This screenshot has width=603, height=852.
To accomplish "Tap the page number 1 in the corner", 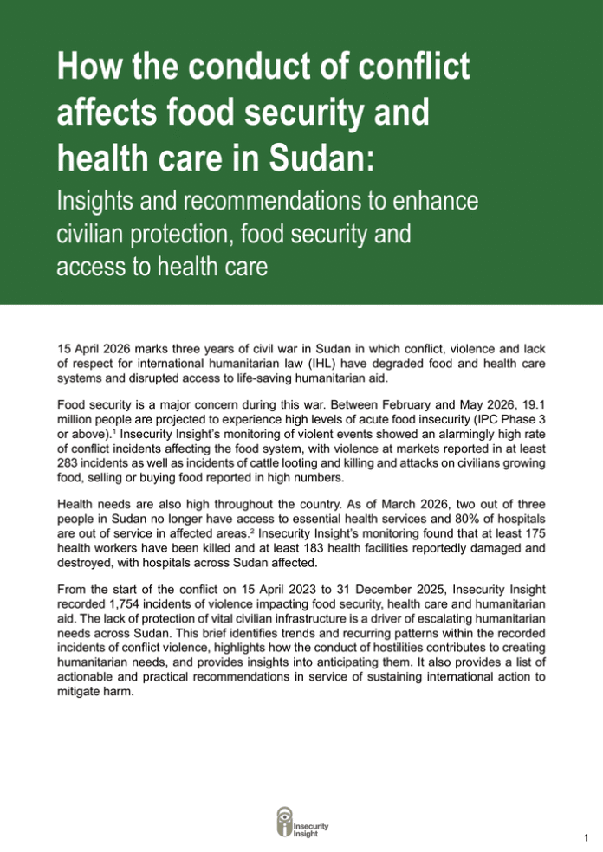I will [587, 836].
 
